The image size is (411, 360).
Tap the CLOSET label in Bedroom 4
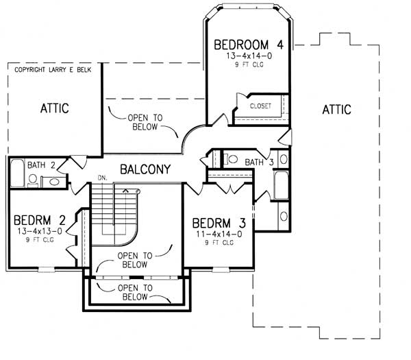[x=260, y=106]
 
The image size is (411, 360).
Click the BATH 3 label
[x=258, y=162]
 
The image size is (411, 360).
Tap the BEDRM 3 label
[x=219, y=224]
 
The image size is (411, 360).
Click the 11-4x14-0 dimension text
[x=219, y=235]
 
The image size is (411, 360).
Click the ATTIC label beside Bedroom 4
[x=336, y=109]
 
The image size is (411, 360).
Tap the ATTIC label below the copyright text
[x=54, y=108]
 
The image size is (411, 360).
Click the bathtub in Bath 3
[x=281, y=185]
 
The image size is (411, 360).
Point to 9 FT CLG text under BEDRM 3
[x=219, y=243]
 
